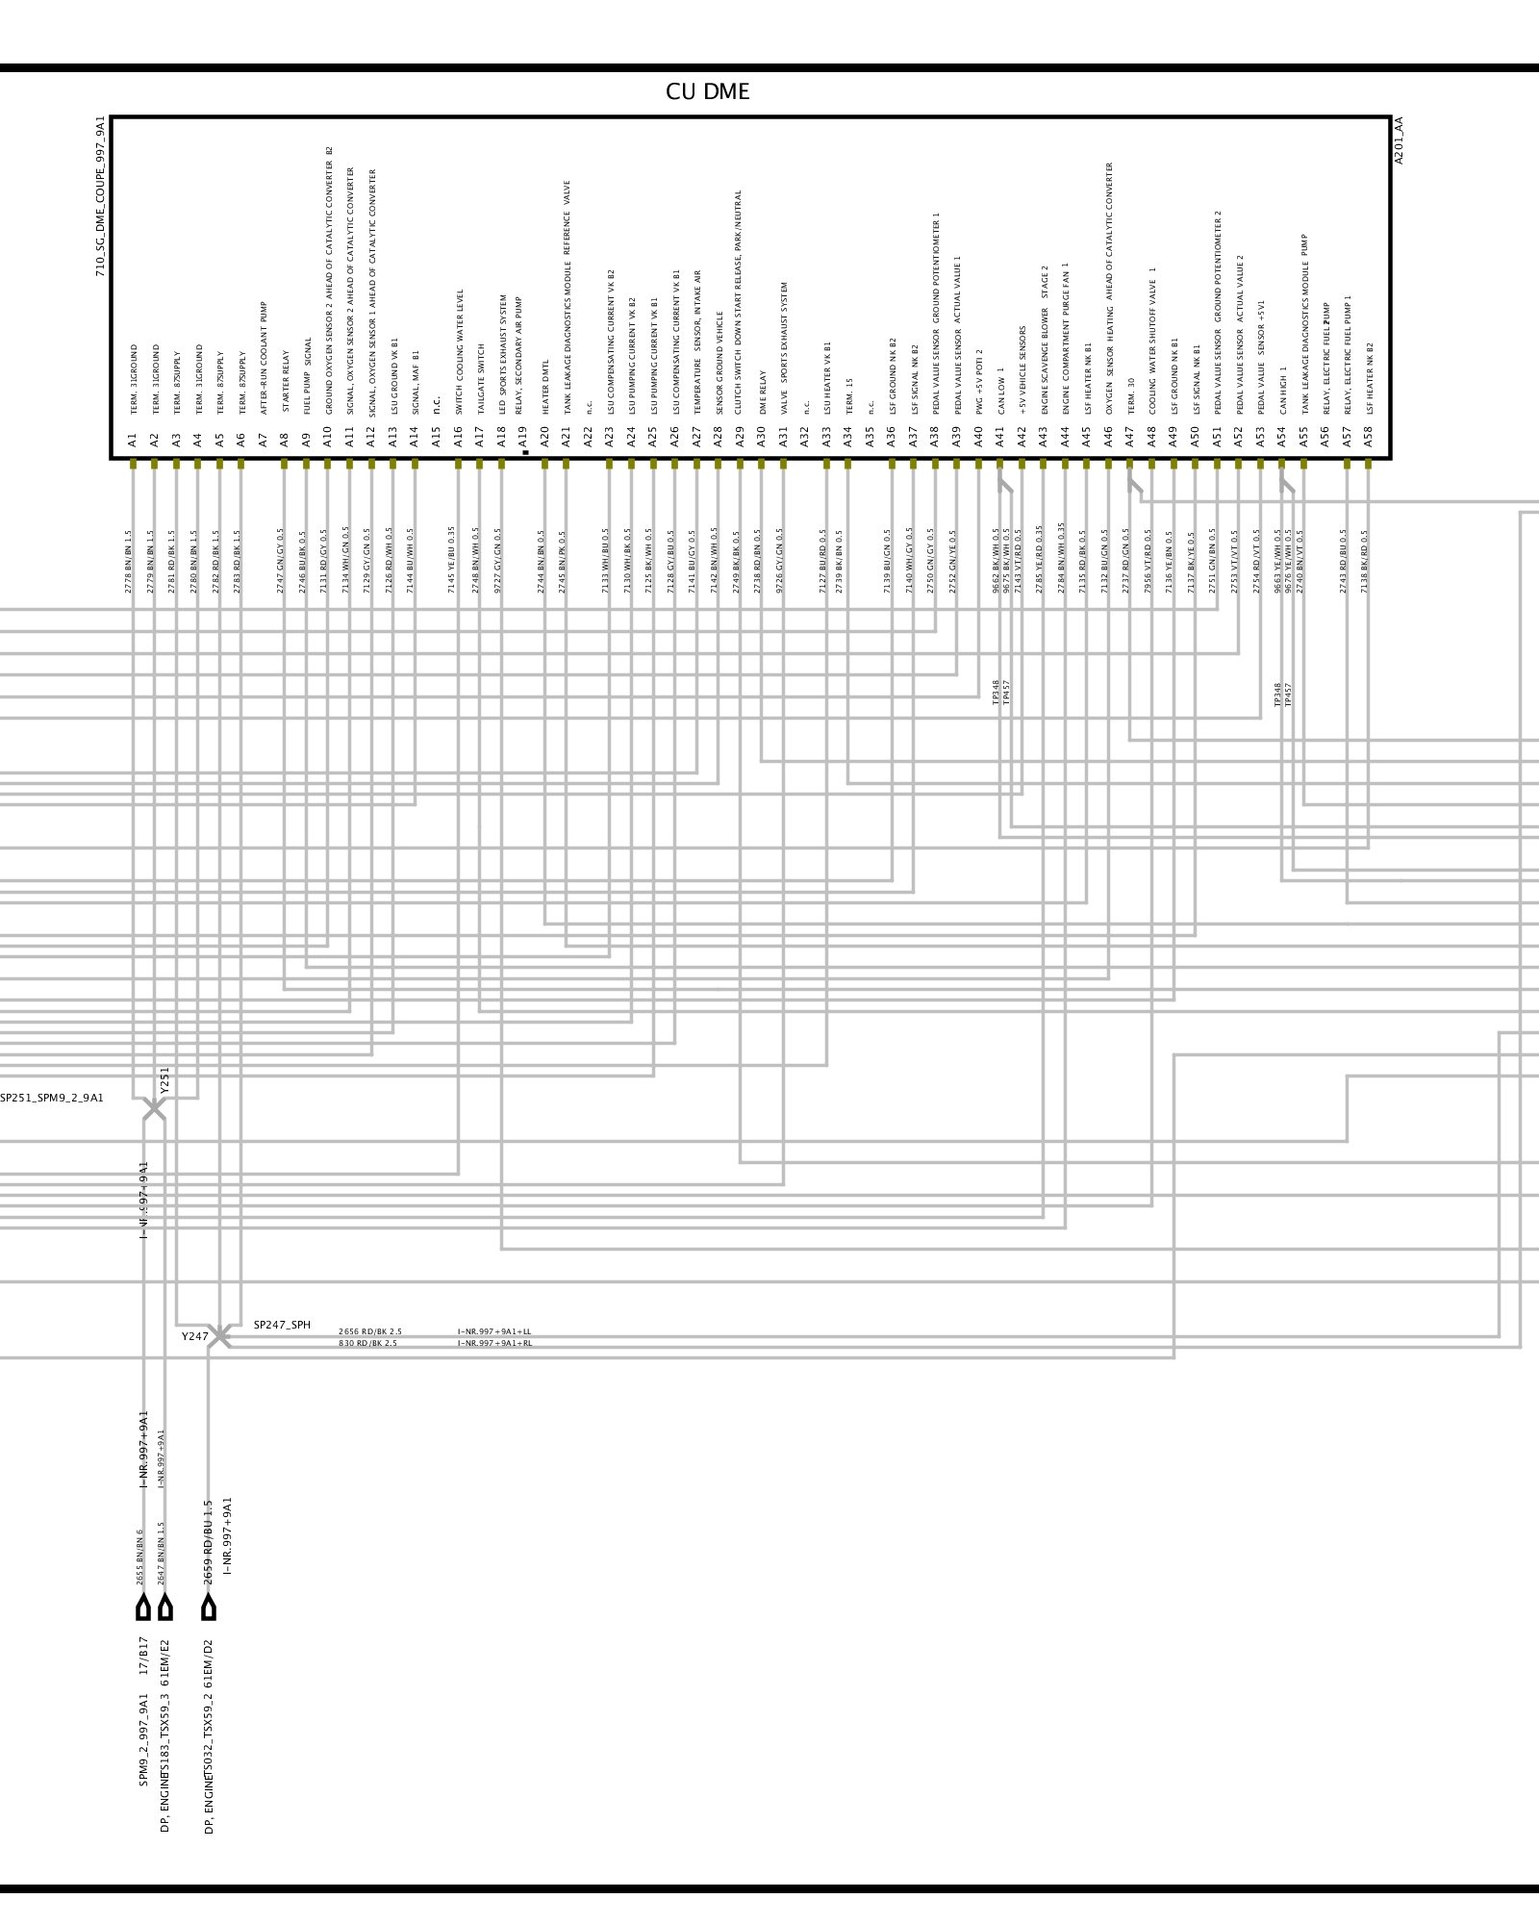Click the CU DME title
tap(707, 92)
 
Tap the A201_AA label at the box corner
tap(1400, 140)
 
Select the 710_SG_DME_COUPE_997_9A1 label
tap(100, 196)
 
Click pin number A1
tap(133, 441)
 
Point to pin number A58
tap(1368, 441)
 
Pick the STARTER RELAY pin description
tap(285, 382)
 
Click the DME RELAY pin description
tap(763, 392)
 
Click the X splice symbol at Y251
tap(154, 1109)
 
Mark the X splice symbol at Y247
tap(220, 1336)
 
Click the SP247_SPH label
tap(282, 1326)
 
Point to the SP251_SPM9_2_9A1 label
tap(52, 1098)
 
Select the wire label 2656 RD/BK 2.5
tap(370, 1332)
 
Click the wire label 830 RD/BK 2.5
tap(367, 1343)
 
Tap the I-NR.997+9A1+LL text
tap(494, 1332)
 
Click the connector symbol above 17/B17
tap(143, 1608)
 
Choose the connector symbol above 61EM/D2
tap(209, 1608)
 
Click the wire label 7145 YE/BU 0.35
tap(452, 559)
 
